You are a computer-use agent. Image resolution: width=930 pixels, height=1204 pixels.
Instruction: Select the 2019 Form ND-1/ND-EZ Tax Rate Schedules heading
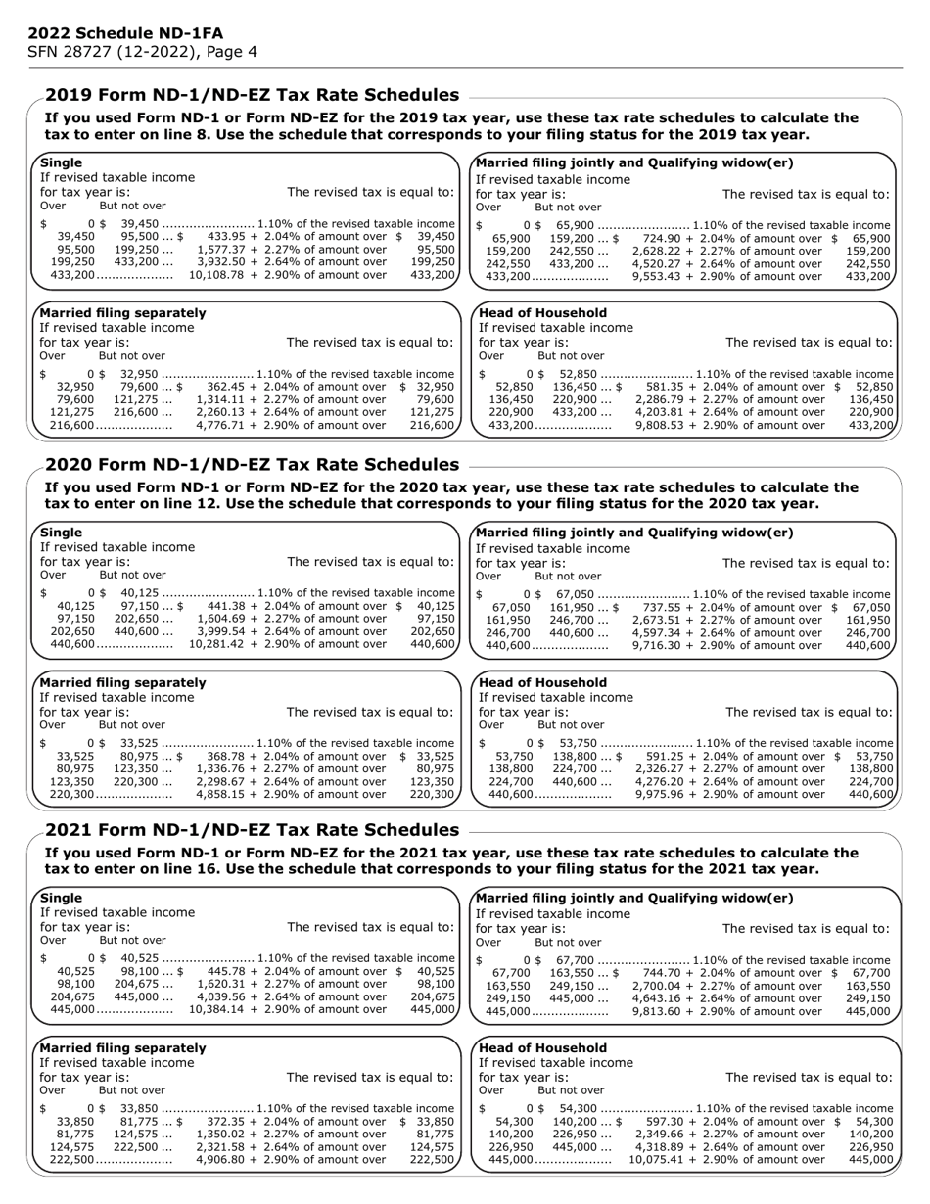coord(252,95)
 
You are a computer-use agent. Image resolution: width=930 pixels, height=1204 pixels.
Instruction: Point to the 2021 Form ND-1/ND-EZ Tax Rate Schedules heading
coord(252,830)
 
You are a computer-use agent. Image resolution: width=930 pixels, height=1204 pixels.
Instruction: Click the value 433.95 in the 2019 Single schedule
coord(228,237)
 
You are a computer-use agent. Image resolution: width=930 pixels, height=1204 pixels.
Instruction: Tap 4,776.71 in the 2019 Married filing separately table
coord(221,425)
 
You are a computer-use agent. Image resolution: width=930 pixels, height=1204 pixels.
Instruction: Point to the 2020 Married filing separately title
coord(122,682)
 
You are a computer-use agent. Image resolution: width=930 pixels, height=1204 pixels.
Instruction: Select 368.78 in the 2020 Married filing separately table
coord(227,757)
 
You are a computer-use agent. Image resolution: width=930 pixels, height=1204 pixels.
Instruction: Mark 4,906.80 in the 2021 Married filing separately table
coord(221,1159)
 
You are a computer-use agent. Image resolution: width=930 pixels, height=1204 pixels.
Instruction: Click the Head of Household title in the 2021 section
coord(542,1047)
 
